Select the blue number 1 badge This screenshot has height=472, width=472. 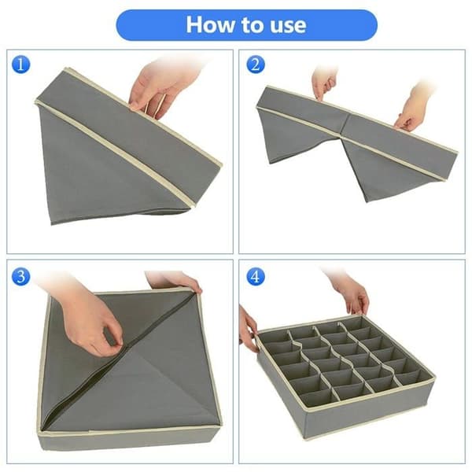click(x=20, y=65)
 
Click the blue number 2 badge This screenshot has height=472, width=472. click(x=256, y=65)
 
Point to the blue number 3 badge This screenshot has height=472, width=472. click(x=20, y=276)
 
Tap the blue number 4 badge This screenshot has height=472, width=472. click(x=256, y=276)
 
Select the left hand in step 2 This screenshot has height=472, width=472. click(x=324, y=83)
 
